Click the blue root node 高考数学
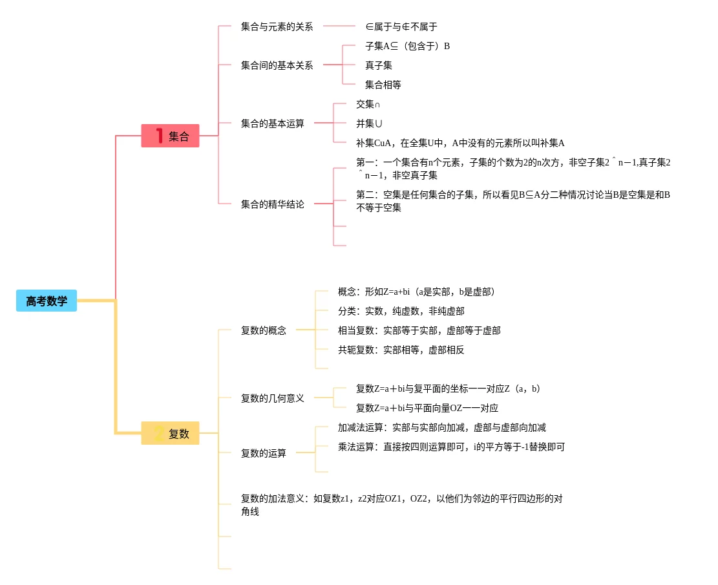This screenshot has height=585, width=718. [x=47, y=301]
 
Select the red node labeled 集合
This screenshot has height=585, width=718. [x=171, y=136]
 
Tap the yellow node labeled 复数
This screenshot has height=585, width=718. [x=171, y=433]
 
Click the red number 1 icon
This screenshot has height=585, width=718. [x=159, y=136]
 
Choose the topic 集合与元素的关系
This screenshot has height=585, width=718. [x=277, y=27]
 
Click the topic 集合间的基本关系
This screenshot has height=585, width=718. [x=277, y=65]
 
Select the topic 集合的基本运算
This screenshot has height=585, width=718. [x=272, y=123]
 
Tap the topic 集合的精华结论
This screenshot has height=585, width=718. [x=272, y=204]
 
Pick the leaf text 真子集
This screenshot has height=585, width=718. [x=379, y=65]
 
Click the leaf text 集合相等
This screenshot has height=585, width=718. [x=383, y=85]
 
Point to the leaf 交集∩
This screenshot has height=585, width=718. [x=368, y=104]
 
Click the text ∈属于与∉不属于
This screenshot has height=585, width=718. [x=401, y=27]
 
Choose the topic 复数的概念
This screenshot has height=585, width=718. [x=263, y=330]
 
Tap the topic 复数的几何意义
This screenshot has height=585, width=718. [x=272, y=398]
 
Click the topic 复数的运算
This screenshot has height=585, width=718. [x=263, y=453]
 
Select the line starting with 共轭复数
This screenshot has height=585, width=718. [x=401, y=350]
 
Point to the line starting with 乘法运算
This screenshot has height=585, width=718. [x=451, y=447]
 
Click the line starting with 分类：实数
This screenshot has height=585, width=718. [x=401, y=311]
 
